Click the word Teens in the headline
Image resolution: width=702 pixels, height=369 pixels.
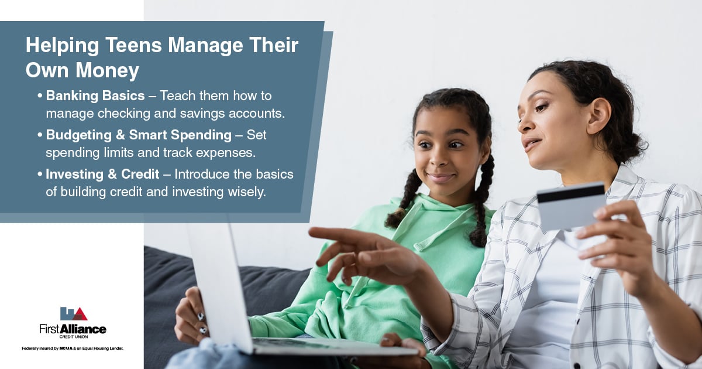pos(133,45)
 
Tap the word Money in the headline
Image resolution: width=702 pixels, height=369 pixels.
pos(107,71)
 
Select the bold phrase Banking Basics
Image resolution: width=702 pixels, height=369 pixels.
pos(95,95)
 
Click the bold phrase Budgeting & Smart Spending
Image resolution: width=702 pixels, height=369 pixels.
pos(139,135)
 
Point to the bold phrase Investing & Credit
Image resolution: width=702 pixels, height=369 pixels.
pos(102,174)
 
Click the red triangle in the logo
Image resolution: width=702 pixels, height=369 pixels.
pos(81,314)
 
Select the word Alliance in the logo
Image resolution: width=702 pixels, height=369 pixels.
pos(82,329)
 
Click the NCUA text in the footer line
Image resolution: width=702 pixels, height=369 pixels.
pos(66,348)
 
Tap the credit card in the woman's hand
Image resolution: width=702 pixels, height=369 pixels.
pos(571,206)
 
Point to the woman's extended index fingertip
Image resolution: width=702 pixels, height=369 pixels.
pos(311,232)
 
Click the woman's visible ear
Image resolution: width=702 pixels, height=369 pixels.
pos(598,116)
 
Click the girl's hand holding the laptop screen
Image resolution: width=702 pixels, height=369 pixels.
pos(191,315)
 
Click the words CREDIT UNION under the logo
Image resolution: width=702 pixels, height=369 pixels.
pos(74,337)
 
